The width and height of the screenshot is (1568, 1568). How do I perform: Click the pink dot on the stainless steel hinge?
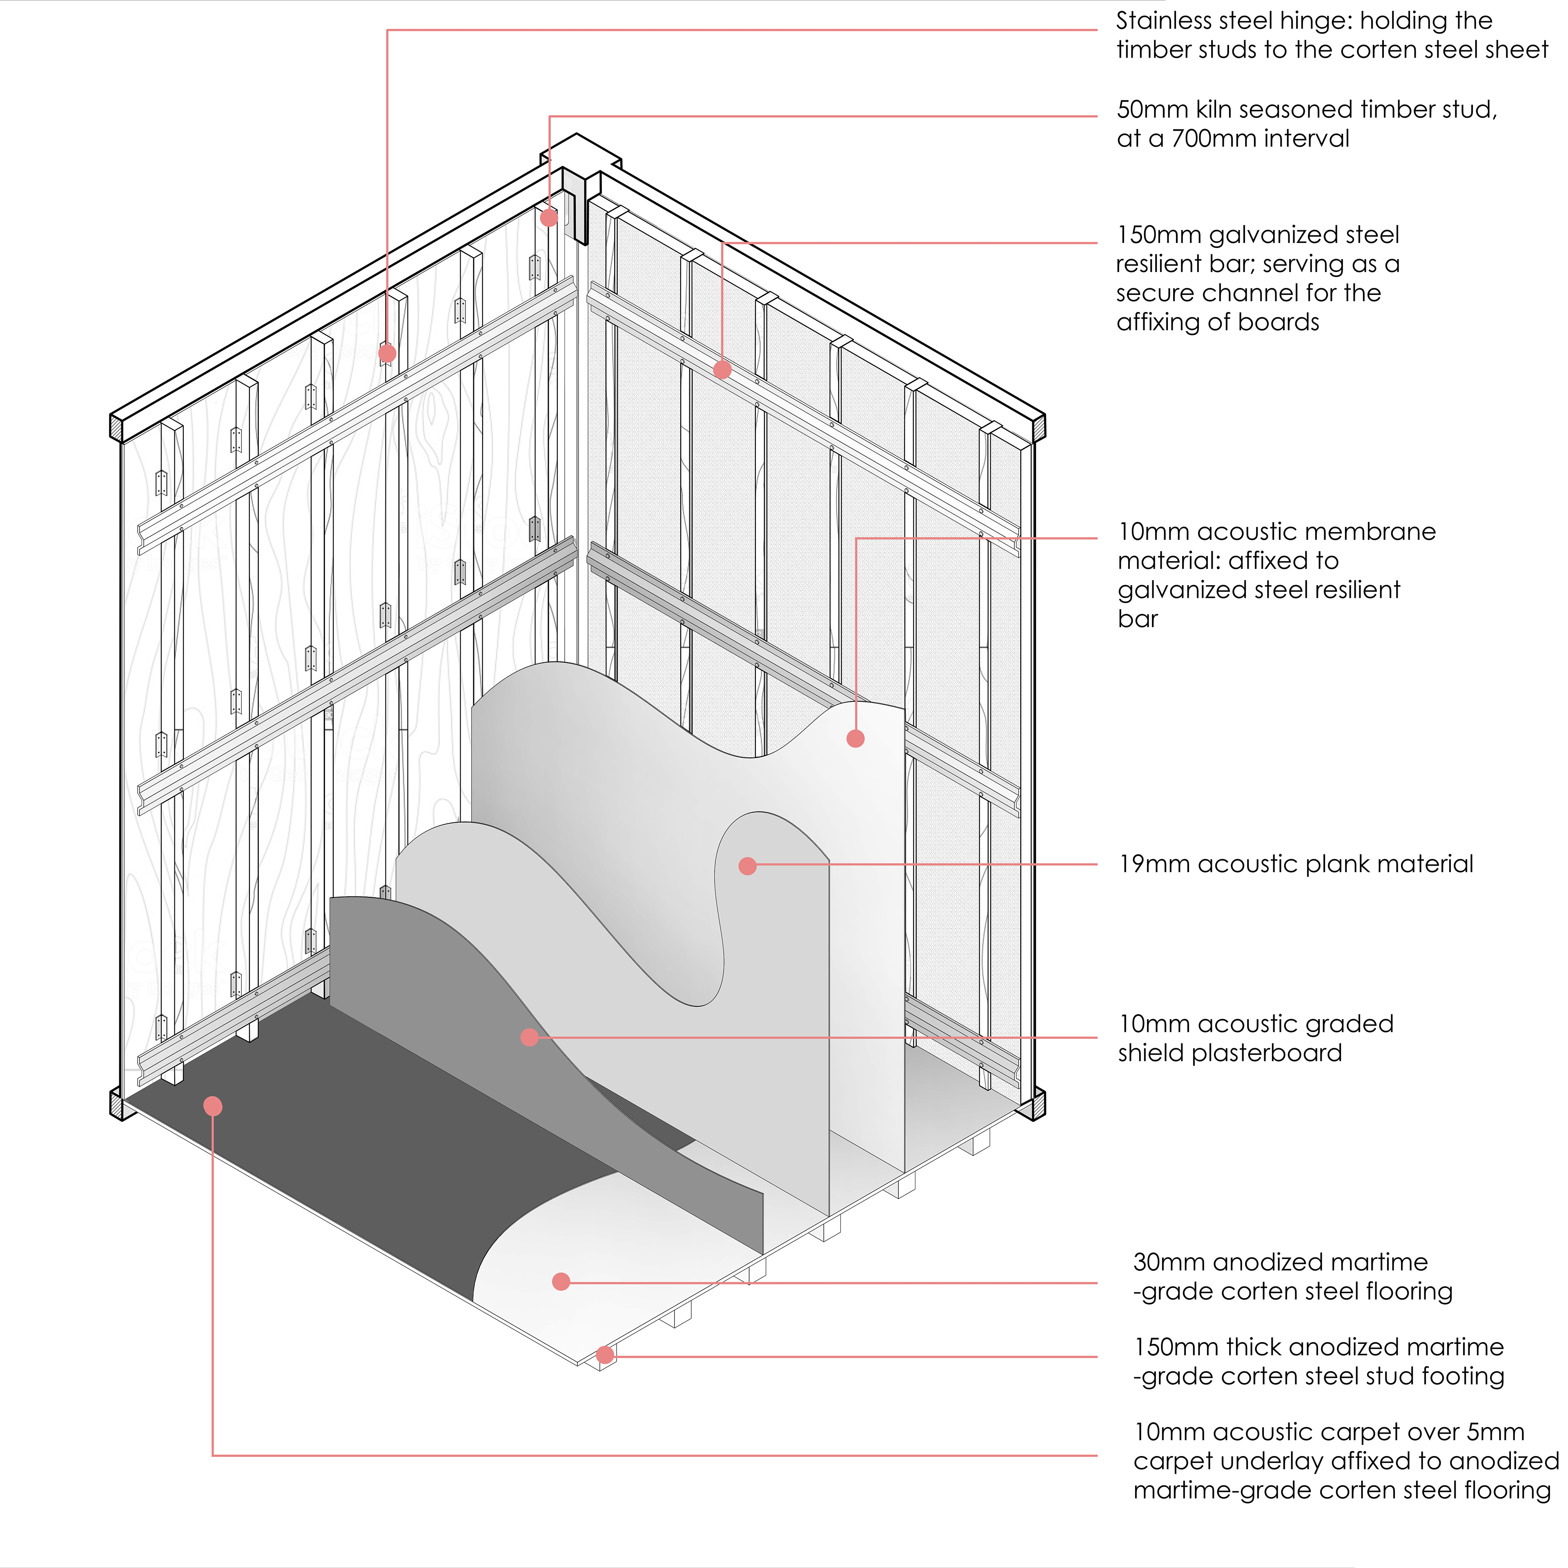pyautogui.click(x=387, y=353)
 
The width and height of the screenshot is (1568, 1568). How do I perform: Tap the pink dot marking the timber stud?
pyautogui.click(x=550, y=218)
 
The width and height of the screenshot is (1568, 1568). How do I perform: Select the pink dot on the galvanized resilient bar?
pyautogui.click(x=722, y=369)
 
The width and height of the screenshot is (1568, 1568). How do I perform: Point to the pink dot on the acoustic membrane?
pyautogui.click(x=855, y=738)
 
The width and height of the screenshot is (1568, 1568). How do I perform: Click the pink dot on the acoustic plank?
pyautogui.click(x=748, y=866)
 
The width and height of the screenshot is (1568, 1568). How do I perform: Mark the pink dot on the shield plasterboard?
pyautogui.click(x=529, y=1037)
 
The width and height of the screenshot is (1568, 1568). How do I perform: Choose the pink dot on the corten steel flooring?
pyautogui.click(x=561, y=1281)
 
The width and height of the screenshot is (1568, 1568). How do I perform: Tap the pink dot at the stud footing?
pyautogui.click(x=605, y=1354)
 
